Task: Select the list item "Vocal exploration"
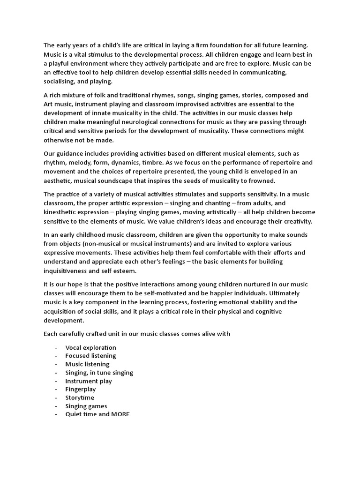point(90,347)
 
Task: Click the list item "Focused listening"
point(90,356)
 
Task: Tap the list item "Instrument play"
point(89,381)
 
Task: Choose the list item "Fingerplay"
point(80,390)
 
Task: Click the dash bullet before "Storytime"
point(56,398)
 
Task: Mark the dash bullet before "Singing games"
point(56,406)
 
